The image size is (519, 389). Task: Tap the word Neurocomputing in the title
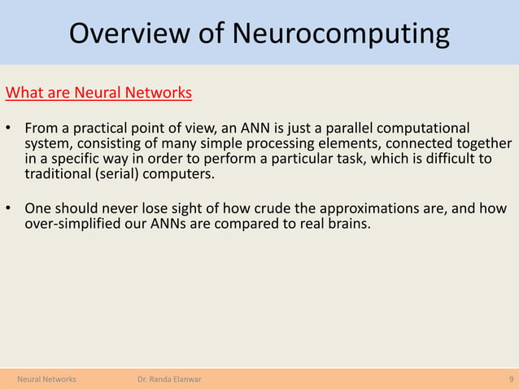point(340,34)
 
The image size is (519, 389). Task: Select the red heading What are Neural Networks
point(98,92)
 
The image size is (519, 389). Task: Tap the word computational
point(425,129)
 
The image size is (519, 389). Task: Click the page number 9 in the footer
point(510,379)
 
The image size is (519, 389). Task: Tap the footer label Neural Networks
point(47,379)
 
